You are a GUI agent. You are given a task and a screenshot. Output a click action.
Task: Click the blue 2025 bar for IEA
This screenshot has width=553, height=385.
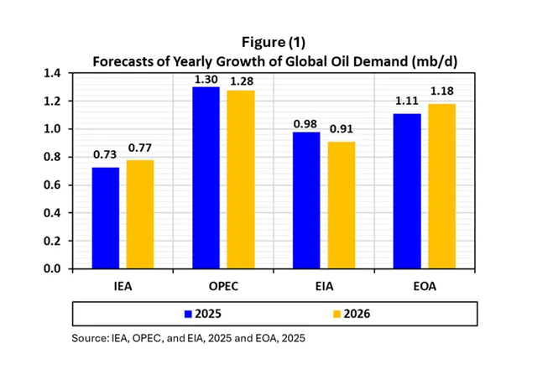pyautogui.click(x=105, y=218)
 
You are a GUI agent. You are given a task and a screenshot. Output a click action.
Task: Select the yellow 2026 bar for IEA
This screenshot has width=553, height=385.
pyautogui.click(x=140, y=215)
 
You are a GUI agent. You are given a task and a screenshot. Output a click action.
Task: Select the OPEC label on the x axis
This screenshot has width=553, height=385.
pyautogui.click(x=222, y=286)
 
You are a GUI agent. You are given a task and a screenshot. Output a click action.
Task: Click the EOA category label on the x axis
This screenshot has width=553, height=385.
pyautogui.click(x=424, y=286)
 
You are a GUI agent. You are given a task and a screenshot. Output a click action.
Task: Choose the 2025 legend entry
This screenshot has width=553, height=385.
pyautogui.click(x=201, y=315)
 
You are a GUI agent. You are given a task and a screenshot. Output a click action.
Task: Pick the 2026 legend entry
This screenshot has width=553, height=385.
pyautogui.click(x=349, y=315)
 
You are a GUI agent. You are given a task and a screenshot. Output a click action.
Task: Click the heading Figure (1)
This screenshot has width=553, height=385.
pyautogui.click(x=276, y=42)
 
